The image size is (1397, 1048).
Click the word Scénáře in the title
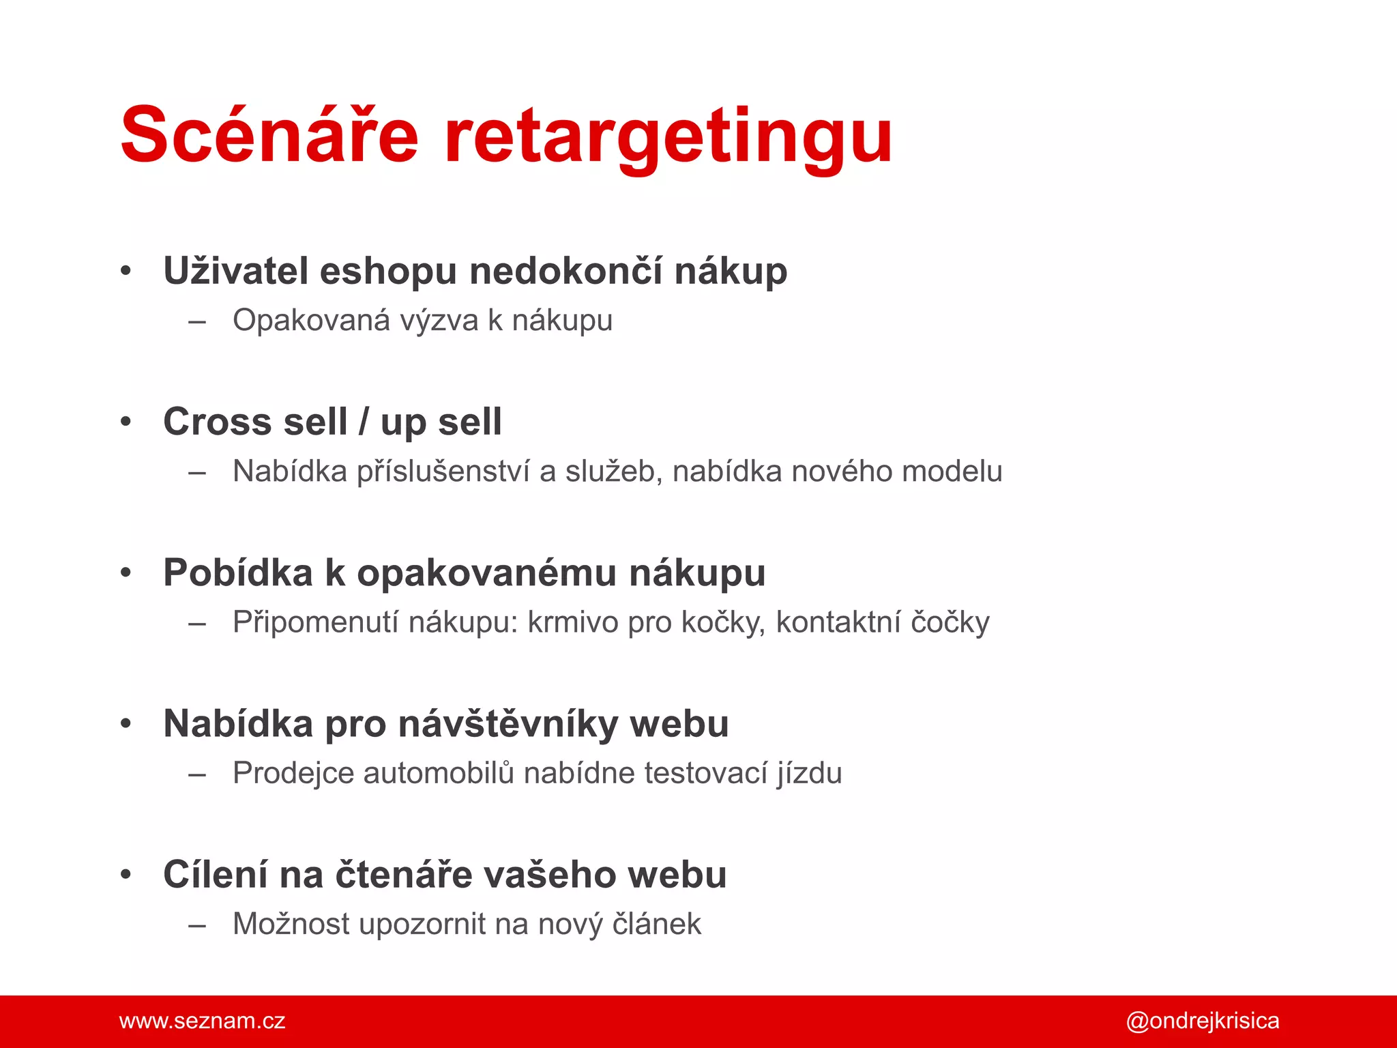tap(269, 135)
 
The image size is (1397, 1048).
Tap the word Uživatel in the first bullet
tap(235, 271)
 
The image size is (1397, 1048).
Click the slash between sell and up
tap(364, 422)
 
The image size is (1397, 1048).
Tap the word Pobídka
tap(237, 572)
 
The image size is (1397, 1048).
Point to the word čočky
tap(950, 622)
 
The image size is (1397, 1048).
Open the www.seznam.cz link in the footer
tap(202, 1021)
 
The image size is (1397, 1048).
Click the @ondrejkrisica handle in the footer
tap(1202, 1021)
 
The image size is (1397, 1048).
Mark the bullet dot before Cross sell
tap(126, 422)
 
